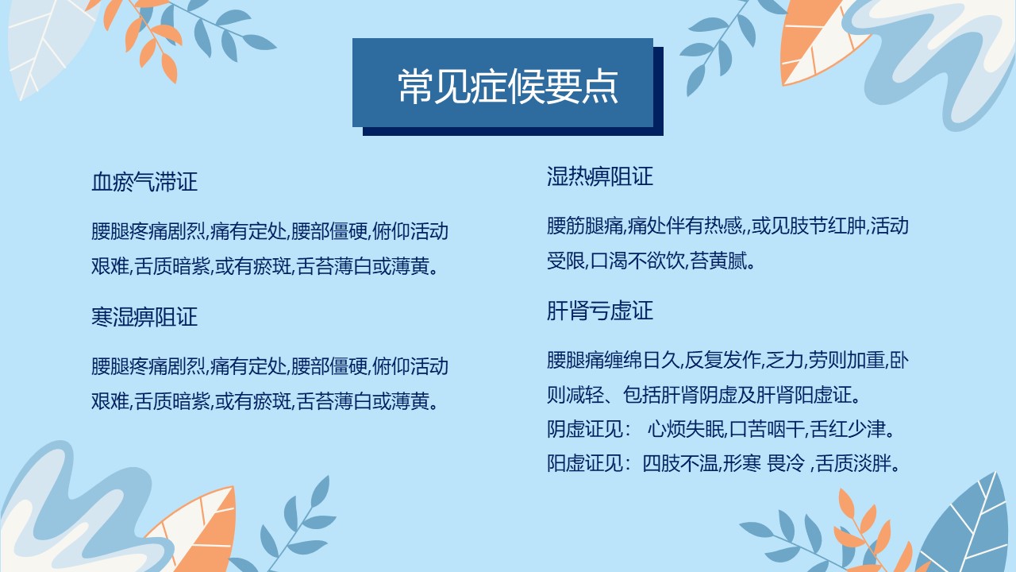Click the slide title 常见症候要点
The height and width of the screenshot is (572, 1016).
508,87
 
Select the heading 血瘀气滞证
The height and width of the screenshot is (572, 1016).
144,182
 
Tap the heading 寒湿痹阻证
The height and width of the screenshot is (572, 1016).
144,316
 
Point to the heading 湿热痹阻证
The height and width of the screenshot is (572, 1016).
599,176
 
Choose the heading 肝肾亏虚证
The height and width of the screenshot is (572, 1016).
599,311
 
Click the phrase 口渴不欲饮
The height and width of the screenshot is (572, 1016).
637,261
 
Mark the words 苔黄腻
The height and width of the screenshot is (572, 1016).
718,261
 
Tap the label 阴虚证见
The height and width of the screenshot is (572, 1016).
585,429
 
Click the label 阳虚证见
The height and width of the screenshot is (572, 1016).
585,463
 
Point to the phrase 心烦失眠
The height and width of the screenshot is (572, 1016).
686,429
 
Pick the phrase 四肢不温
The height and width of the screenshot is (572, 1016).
680,463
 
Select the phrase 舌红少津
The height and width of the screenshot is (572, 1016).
848,429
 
